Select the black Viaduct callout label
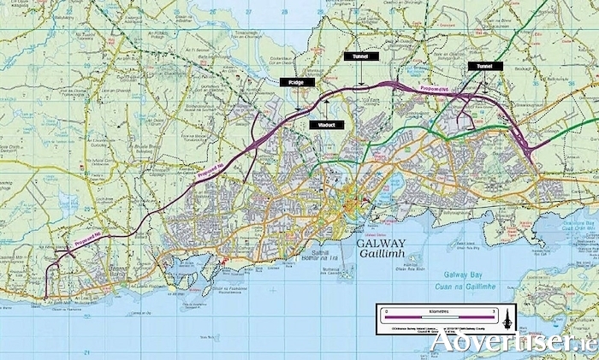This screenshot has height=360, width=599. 327,125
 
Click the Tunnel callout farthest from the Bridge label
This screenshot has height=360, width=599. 481,66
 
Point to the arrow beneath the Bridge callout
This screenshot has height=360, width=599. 296,99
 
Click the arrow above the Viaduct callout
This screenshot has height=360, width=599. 325,107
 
